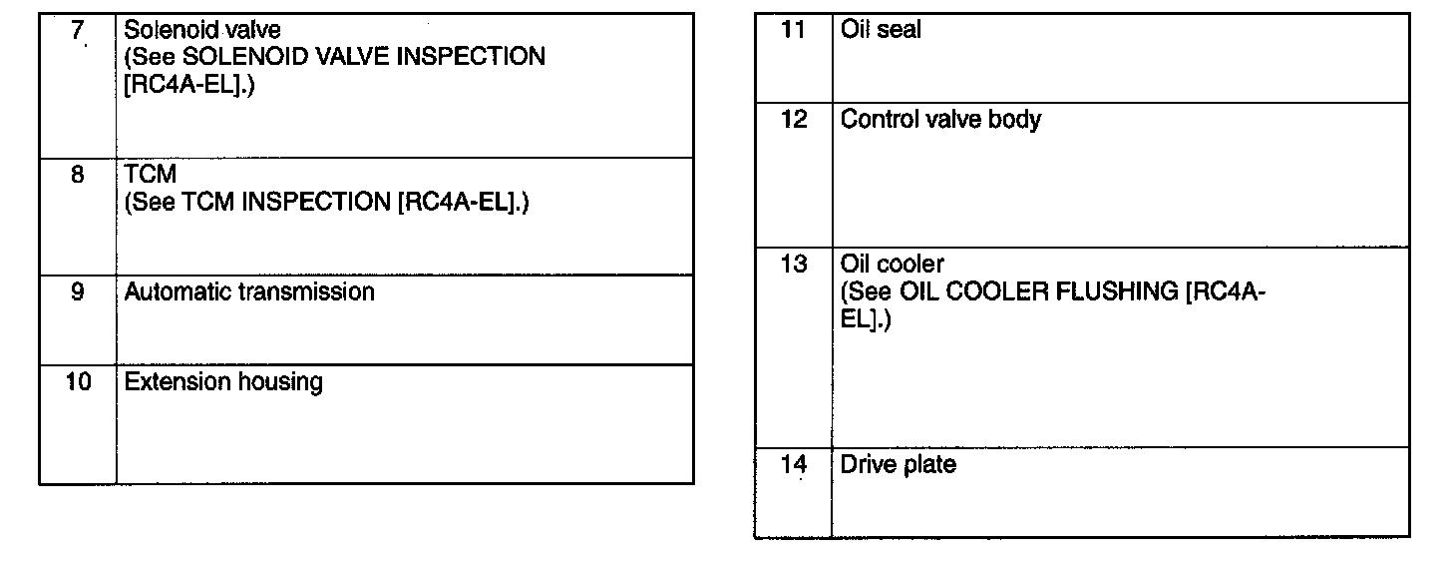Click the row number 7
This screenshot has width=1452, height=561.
pos(77,29)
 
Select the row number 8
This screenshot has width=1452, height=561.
pos(77,175)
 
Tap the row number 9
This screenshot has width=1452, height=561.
pos(77,292)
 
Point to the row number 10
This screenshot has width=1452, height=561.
pos(77,382)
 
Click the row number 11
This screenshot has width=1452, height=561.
pos(793,30)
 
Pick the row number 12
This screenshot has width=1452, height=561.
pos(793,120)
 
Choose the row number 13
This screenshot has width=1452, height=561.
pos(793,266)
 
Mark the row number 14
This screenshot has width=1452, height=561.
pos(793,464)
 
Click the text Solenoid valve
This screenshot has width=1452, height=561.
pos(202,30)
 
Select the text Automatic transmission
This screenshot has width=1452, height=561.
pos(249,292)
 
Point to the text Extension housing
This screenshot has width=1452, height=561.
pos(223,382)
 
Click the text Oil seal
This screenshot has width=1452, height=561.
pos(881,30)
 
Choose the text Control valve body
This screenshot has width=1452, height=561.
pos(940,120)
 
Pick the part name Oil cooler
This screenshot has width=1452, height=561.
pos(892,266)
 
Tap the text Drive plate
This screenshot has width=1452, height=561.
pos(898,464)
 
